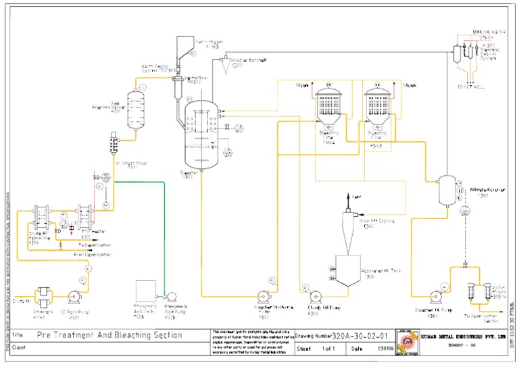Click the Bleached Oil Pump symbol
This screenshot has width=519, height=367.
(427, 297)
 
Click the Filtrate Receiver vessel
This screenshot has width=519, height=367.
(445, 191)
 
